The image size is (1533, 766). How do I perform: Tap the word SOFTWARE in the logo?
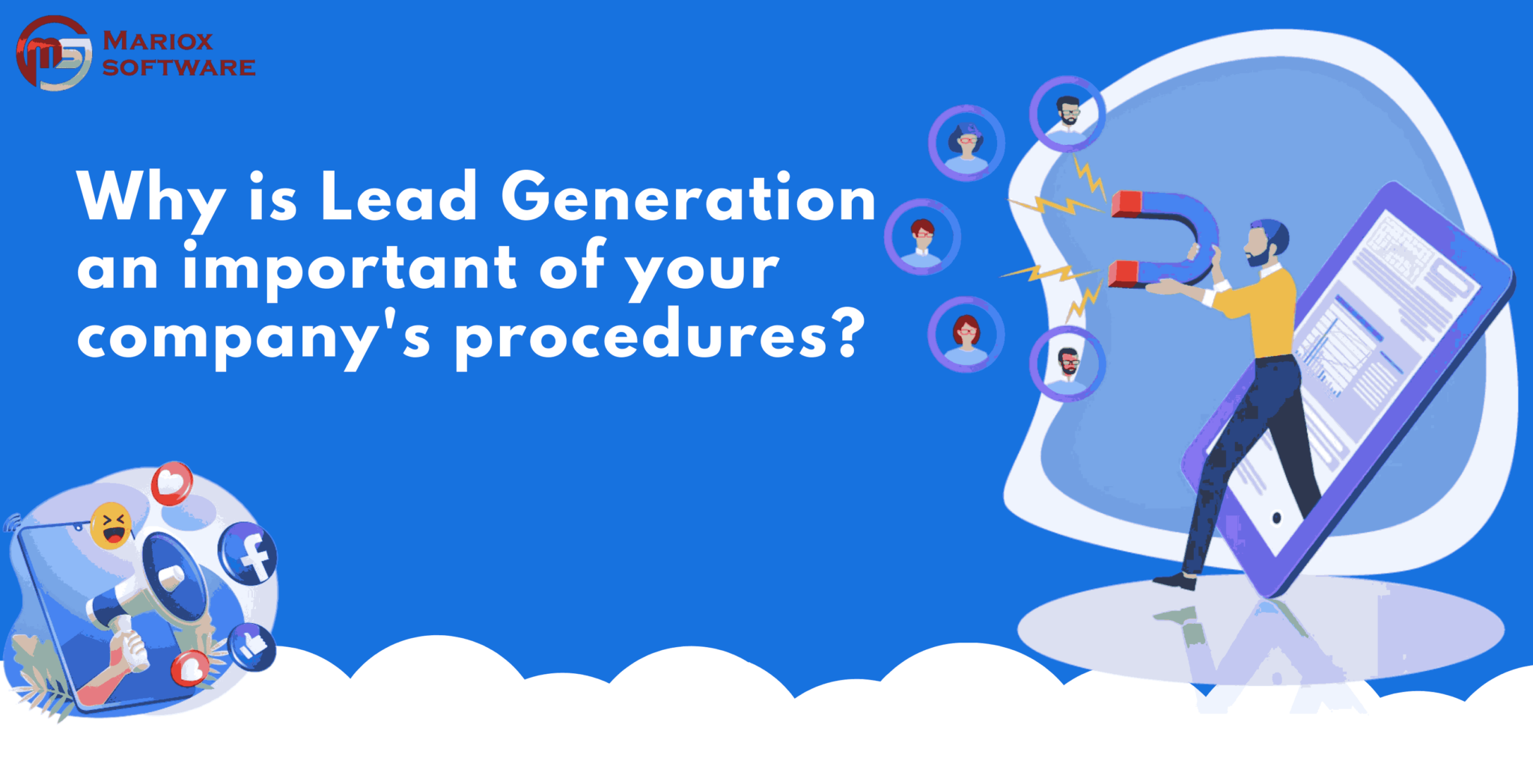coord(179,67)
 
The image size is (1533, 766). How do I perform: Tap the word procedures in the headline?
coord(641,336)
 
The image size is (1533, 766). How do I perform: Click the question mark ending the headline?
coord(849,334)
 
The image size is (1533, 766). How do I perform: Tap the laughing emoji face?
coord(111,525)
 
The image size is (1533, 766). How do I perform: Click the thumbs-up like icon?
coord(252,646)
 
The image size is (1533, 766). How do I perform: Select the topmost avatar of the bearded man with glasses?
coord(1067,114)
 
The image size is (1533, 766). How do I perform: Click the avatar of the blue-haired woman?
coord(966,143)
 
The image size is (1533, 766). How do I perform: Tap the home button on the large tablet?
coord(1276,518)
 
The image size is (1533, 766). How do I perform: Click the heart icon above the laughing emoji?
coord(172,483)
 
